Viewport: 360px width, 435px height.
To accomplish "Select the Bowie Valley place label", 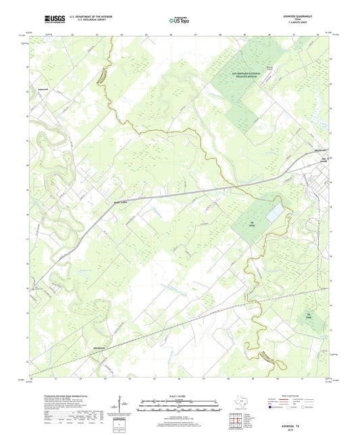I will point(120,201).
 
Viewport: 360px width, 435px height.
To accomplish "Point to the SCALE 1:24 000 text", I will point(179,396).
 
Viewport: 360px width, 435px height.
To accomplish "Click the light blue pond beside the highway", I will point(275,213).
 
